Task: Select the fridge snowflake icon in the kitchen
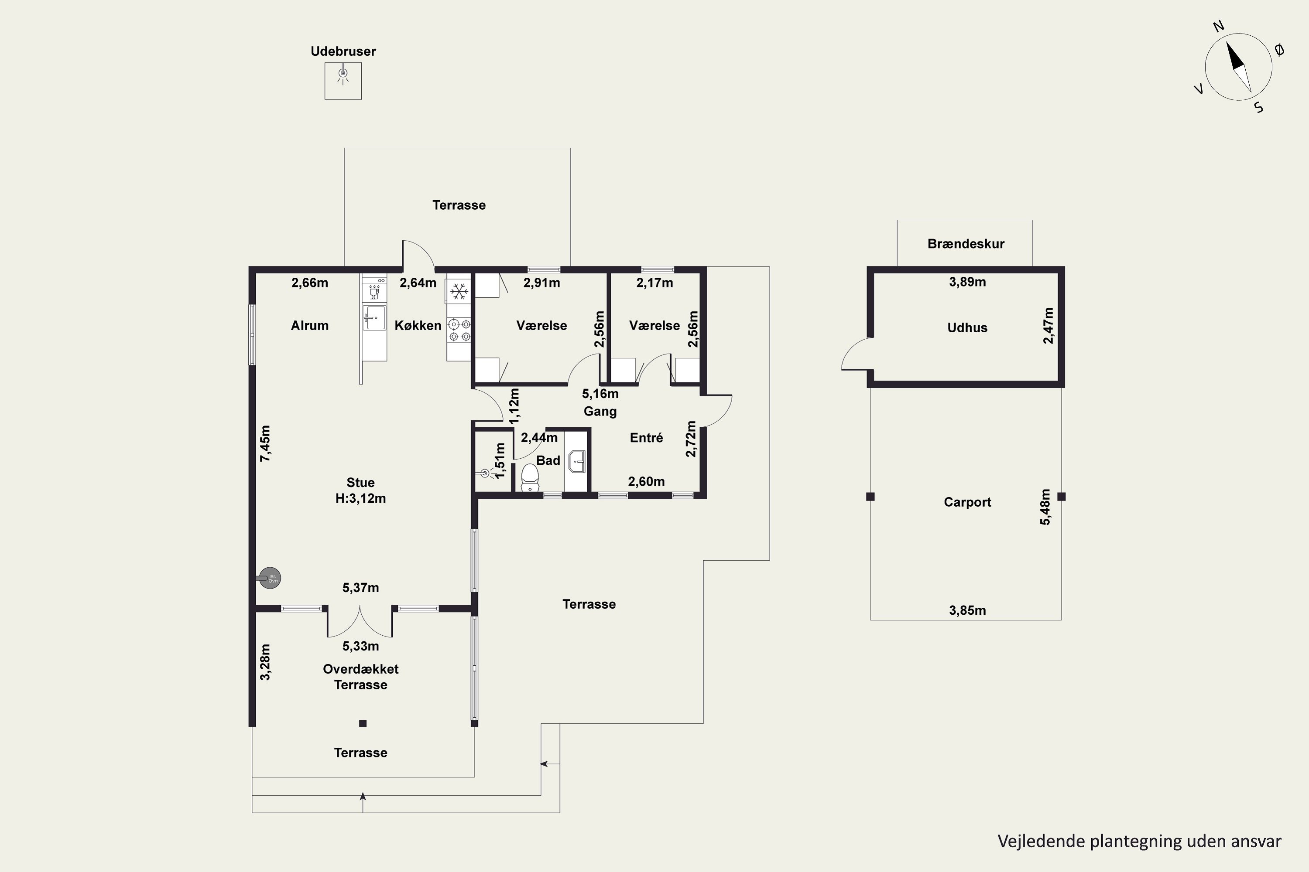tap(459, 290)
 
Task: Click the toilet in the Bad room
tap(529, 477)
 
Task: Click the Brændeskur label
tap(966, 244)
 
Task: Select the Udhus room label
tap(967, 327)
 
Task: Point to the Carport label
tap(967, 502)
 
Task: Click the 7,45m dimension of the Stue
tap(265, 443)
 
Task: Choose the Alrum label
tap(309, 325)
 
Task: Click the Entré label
tap(646, 438)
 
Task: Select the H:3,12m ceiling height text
tap(361, 498)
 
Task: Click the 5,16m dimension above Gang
tap(600, 394)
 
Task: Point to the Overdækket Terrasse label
tap(361, 677)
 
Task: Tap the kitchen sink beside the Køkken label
tap(374, 317)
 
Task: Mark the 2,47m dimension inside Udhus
tap(1048, 326)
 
